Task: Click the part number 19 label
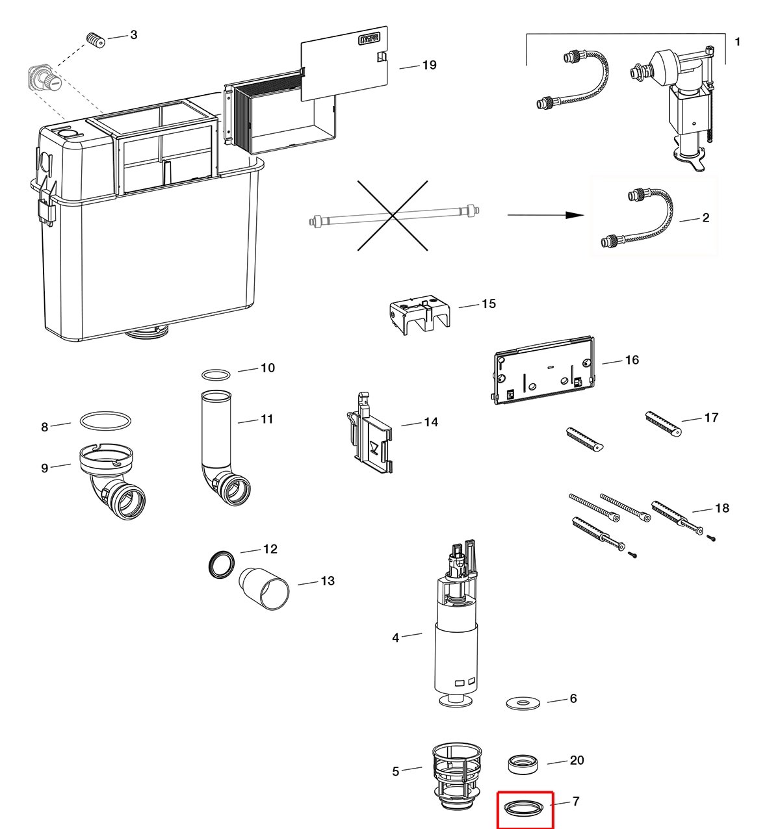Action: point(429,65)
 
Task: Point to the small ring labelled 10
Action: point(216,375)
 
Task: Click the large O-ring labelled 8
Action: point(105,420)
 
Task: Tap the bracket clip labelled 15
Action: point(419,316)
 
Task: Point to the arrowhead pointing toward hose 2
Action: point(575,215)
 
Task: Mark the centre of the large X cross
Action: point(393,215)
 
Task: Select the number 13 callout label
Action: point(328,581)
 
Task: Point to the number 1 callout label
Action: point(738,42)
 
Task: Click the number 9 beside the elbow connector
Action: point(45,468)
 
